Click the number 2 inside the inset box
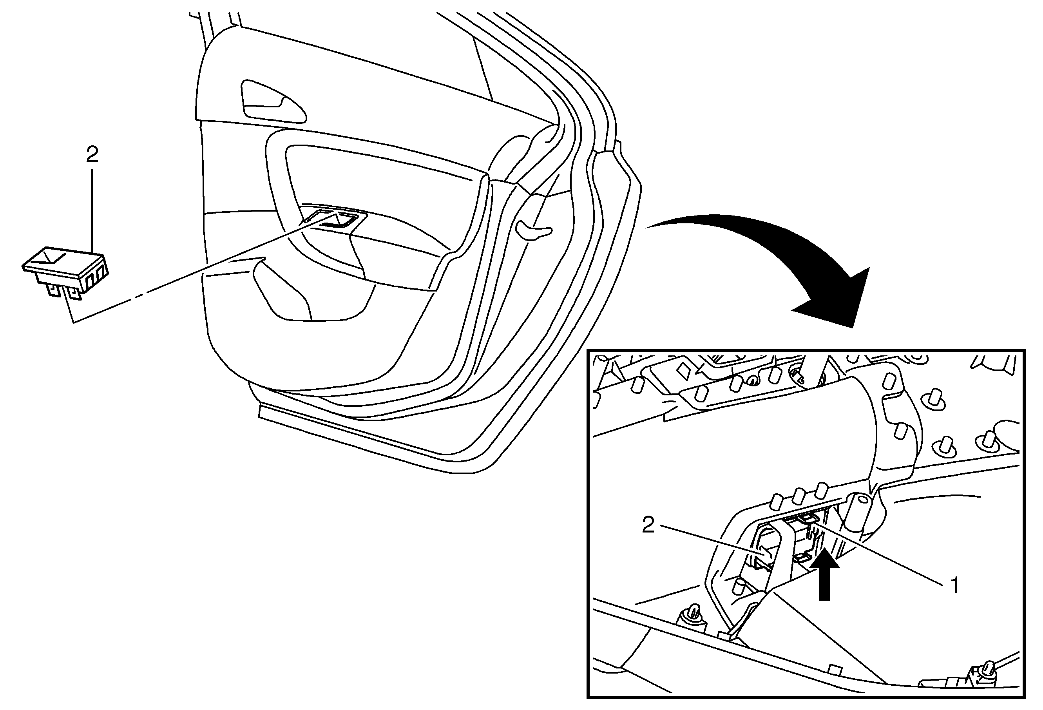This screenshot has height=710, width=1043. point(648,525)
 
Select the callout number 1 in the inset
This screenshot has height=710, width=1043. point(954,586)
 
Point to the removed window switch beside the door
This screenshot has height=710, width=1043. point(65,273)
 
